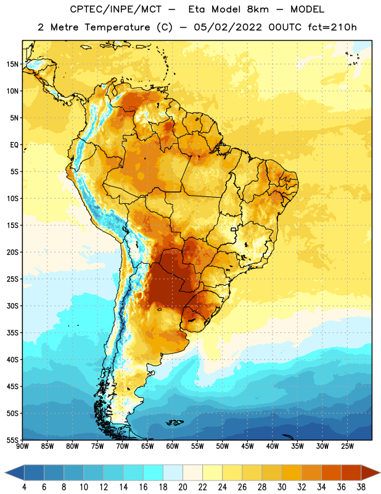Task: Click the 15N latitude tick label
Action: pos(12,64)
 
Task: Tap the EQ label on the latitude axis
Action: pos(14,145)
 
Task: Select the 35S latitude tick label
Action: pos(12,333)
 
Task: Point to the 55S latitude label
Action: pos(12,440)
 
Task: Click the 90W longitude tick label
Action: pos(22,446)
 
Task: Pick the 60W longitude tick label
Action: pos(173,446)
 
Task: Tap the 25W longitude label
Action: pos(347,446)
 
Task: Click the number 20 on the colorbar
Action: pos(182,487)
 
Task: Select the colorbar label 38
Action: pos(361,487)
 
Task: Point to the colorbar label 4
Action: pos(24,487)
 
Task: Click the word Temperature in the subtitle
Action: pos(117,27)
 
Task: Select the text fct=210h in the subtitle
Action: pos(332,27)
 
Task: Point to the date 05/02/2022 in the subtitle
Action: pos(227,27)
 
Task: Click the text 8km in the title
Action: pos(258,9)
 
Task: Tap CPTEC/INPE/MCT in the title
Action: pos(116,10)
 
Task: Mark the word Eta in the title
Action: pos(197,9)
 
